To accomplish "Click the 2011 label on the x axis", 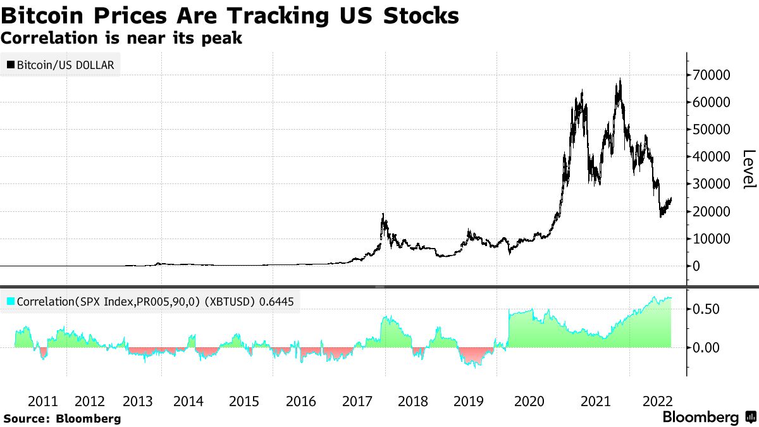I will click(x=43, y=401).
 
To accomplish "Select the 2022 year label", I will click(x=657, y=401).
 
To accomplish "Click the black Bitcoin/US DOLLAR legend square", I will click(x=10, y=65).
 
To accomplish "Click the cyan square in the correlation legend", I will click(x=10, y=302).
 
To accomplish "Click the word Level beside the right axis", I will click(x=749, y=168).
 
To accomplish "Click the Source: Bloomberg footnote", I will click(x=62, y=418).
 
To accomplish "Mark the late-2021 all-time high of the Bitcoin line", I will click(x=620, y=80).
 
